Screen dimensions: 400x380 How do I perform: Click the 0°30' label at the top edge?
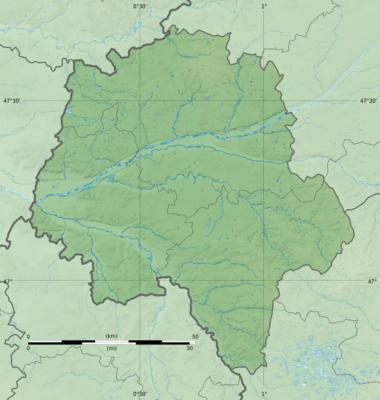pyautogui.click(x=140, y=6)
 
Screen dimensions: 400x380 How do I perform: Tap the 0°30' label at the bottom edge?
pyautogui.click(x=140, y=394)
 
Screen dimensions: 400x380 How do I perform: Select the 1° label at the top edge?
pyautogui.click(x=264, y=6)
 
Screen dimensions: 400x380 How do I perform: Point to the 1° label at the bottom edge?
pyautogui.click(x=264, y=394)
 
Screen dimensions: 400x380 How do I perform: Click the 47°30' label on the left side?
pyautogui.click(x=12, y=101)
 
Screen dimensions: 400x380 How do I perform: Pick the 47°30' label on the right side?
pyautogui.click(x=368, y=101)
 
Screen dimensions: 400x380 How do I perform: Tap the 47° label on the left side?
pyautogui.click(x=8, y=281)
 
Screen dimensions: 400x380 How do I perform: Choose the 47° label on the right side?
pyautogui.click(x=372, y=281)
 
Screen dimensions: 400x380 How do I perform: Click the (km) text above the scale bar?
pyautogui.click(x=112, y=336)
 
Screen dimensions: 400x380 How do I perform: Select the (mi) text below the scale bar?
pyautogui.click(x=112, y=348)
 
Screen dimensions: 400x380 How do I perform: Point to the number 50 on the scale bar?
pyautogui.click(x=195, y=337)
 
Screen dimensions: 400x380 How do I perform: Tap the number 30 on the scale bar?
pyautogui.click(x=189, y=348)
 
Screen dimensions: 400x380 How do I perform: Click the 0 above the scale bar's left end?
pyautogui.click(x=28, y=337)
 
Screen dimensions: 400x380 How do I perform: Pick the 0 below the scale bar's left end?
pyautogui.click(x=28, y=348)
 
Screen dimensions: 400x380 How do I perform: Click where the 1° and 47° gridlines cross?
pyautogui.click(x=264, y=281)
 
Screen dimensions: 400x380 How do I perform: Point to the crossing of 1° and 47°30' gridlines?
pyautogui.click(x=264, y=101)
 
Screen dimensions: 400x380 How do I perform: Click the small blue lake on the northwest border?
pyautogui.click(x=69, y=111)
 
